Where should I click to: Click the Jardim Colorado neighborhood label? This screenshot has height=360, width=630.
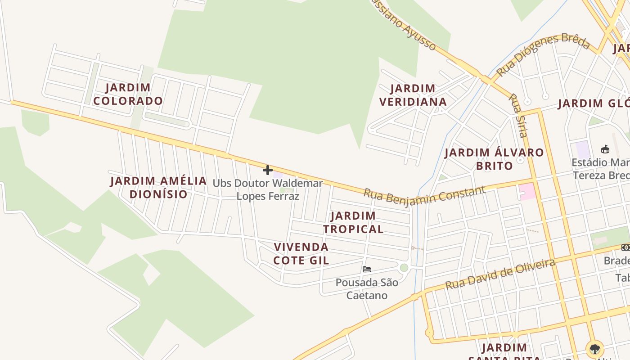[x=128, y=94]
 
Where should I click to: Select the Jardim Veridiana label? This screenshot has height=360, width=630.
[x=413, y=95]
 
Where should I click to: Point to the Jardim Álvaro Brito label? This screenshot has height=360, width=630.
[x=494, y=159]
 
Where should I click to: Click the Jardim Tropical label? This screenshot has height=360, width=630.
[x=353, y=222]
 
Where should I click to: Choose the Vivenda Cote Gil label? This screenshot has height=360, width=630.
[x=301, y=253]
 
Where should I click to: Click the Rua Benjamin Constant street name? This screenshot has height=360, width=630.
[x=424, y=195]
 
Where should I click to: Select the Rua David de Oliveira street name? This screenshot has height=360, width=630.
[x=500, y=274]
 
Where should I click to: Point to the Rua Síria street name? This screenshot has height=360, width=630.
[x=517, y=115]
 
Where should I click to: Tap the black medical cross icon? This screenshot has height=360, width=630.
[x=268, y=170]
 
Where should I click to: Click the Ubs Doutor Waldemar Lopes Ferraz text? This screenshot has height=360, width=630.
[x=268, y=189]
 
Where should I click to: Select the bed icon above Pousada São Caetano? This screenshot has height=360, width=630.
[x=367, y=269]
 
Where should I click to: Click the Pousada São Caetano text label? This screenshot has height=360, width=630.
[x=367, y=289]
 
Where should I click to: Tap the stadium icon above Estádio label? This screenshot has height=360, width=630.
[x=605, y=149]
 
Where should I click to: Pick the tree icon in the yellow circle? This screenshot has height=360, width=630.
[x=595, y=348]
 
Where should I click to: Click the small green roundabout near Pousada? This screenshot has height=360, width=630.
[x=404, y=268]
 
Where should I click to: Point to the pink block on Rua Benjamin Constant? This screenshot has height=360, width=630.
[x=527, y=191]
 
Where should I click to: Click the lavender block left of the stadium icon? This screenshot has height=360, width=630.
[x=583, y=150]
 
